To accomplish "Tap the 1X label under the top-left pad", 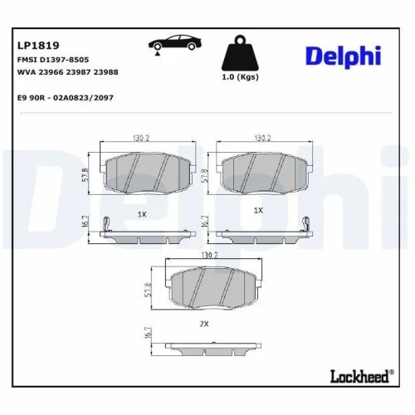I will pyautogui.click(x=141, y=213).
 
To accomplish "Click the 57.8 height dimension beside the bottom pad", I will pyautogui.click(x=149, y=290).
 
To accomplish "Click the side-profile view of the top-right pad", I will pyautogui.click(x=261, y=234).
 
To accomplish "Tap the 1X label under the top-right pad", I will pyautogui.click(x=258, y=211).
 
